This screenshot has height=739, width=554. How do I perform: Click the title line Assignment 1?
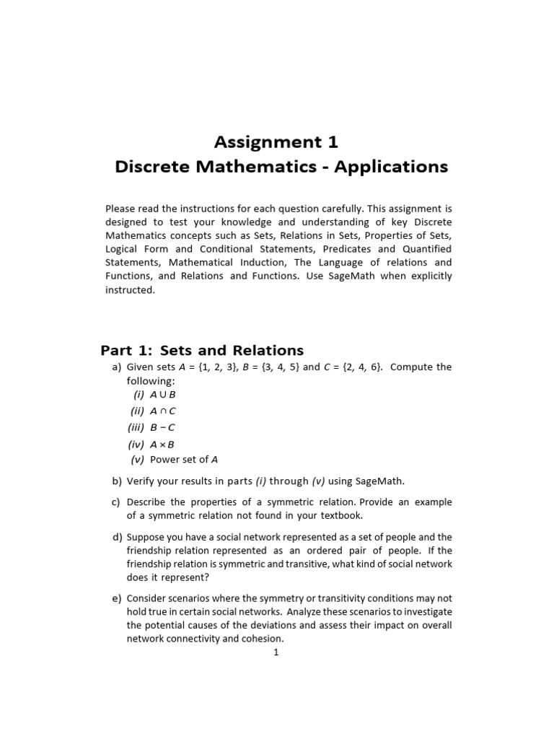[x=276, y=141]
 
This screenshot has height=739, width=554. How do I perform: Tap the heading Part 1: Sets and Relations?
[x=202, y=351]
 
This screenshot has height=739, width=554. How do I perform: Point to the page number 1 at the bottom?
[x=276, y=652]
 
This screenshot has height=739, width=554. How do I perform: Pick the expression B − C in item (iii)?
[x=162, y=427]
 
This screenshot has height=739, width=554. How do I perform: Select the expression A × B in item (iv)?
[x=162, y=444]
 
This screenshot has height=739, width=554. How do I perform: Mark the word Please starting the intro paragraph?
[x=122, y=208]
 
